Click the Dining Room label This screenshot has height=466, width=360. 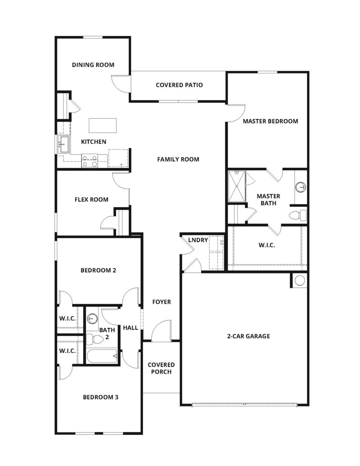coord(93,65)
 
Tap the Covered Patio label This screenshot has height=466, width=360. coord(179,85)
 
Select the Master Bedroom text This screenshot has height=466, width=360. coord(270,121)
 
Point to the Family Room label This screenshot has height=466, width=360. coord(178,159)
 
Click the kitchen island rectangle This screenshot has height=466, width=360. coord(103,124)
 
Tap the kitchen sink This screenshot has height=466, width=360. coord(63,145)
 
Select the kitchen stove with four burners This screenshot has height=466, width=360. coord(90,161)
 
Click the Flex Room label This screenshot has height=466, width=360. coord(91,199)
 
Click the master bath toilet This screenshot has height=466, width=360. coord(298,215)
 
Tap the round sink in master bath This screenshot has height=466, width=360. coord(301,186)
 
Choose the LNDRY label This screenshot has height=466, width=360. coord(198,240)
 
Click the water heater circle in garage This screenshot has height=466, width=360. coord(299,281)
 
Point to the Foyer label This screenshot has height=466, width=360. coord(162,302)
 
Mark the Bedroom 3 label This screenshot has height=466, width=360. coord(101,397)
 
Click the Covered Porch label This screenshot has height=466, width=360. coord(161,368)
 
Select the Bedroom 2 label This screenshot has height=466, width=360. coord(99,271)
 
